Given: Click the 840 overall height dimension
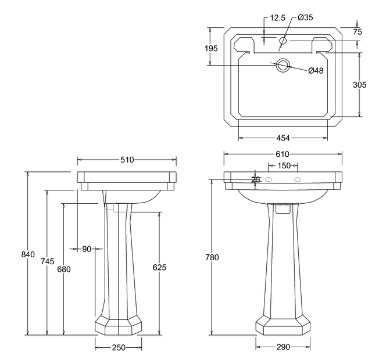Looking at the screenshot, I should pos(28,254).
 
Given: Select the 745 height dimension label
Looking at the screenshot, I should pos(48,261).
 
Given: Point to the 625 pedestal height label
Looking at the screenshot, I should pos(160,268).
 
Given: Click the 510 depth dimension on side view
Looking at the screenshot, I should pos(127,160).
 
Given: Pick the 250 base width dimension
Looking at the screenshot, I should pos(119,347).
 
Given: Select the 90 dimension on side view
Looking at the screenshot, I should pos(87,249).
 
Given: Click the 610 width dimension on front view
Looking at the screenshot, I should pos(282,154).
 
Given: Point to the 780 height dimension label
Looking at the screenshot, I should pos(212,257).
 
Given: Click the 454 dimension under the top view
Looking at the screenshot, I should pos(283,138).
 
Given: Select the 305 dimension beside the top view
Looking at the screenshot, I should pos(360,85).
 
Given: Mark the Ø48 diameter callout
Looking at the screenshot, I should pos(316,71).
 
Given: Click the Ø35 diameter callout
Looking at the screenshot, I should pos(305,18).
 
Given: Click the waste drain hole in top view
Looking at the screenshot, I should pos(283,65).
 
